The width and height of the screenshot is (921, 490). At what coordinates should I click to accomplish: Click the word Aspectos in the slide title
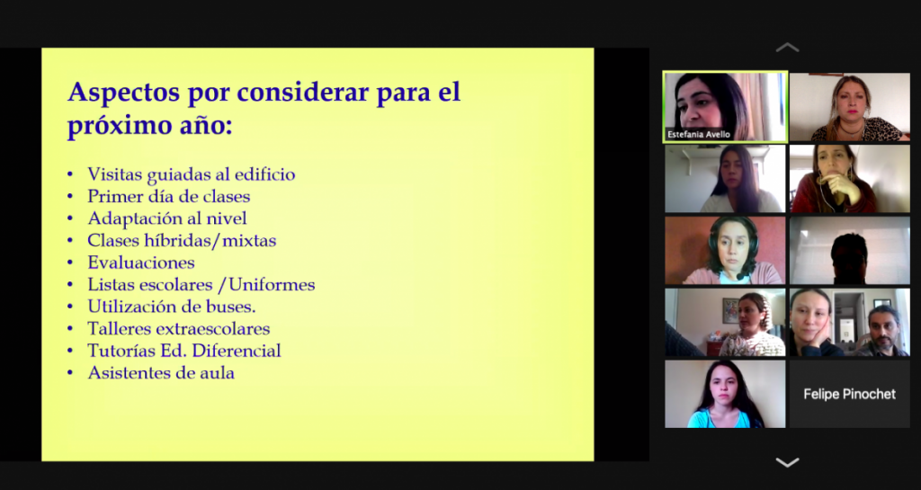123,93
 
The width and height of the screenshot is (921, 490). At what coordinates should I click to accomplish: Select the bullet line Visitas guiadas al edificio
191,174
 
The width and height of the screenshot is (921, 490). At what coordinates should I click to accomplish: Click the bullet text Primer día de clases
168,196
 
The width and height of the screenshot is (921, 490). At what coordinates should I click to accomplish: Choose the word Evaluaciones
141,263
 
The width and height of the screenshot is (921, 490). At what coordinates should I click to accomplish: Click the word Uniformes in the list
272,285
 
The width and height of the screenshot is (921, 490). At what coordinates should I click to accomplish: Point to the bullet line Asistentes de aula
161,372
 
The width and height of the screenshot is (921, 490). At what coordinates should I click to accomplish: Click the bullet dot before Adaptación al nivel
70,218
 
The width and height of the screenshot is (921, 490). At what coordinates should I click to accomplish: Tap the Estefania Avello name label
698,134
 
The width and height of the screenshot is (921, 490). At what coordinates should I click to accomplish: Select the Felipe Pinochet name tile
849,394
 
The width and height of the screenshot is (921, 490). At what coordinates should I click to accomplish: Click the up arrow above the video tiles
787,48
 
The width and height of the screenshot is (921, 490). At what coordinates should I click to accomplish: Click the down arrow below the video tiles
787,462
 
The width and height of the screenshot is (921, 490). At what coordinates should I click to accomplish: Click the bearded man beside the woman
882,331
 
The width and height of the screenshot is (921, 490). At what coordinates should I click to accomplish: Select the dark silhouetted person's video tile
849,251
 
